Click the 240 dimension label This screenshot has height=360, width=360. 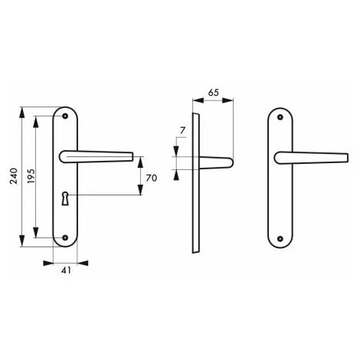click(x=14, y=176)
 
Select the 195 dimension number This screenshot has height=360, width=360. click(x=31, y=176)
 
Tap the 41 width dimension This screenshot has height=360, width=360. click(x=66, y=270)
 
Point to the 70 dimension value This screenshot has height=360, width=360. click(x=151, y=178)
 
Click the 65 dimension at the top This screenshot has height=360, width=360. click(x=214, y=93)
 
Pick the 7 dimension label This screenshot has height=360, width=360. click(x=182, y=131)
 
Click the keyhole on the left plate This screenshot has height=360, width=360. click(x=65, y=198)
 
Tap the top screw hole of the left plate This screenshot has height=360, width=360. click(x=65, y=116)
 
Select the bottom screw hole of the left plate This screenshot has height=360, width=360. click(x=65, y=237)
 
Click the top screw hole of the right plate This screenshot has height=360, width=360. click(x=280, y=117)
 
